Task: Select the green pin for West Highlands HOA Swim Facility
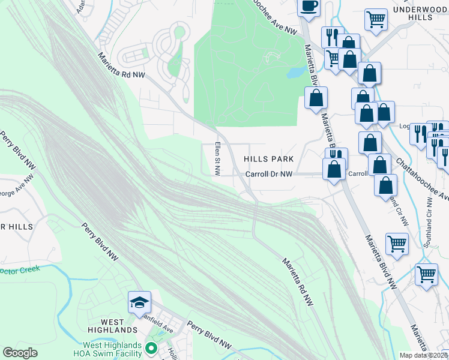pos(151,348)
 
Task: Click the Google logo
pos(20,353)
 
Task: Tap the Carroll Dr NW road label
pos(269,174)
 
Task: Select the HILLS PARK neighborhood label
pos(269,159)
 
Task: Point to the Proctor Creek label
pos(19,269)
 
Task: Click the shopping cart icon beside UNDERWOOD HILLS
pos(376,19)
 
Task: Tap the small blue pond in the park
pos(294,73)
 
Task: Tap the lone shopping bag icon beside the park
pos(316,98)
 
